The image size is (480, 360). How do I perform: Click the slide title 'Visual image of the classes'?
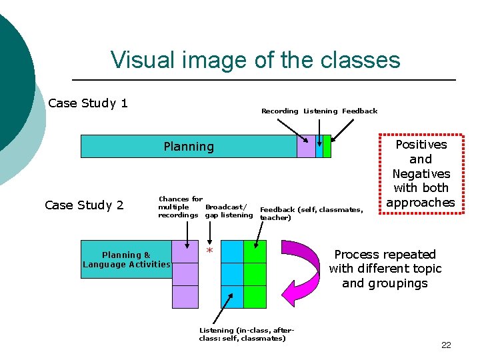pyautogui.click(x=255, y=60)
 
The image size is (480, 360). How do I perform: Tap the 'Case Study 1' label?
pyautogui.click(x=88, y=103)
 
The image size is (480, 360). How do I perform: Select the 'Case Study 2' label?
pyautogui.click(x=84, y=205)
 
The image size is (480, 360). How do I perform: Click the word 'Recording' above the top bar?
pyautogui.click(x=279, y=111)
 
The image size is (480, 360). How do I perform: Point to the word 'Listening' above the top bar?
pyautogui.click(x=320, y=111)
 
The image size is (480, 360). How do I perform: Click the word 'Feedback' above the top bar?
pyautogui.click(x=359, y=111)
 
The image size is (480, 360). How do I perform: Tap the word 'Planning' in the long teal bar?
pyautogui.click(x=189, y=147)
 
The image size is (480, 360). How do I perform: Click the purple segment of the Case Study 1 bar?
pyautogui.click(x=306, y=147)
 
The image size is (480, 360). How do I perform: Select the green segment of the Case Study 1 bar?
pyautogui.click(x=327, y=147)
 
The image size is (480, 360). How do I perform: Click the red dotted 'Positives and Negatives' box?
pyautogui.click(x=421, y=173)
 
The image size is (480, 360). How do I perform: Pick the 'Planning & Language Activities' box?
pyautogui.click(x=126, y=259)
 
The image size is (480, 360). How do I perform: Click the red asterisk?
pyautogui.click(x=209, y=251)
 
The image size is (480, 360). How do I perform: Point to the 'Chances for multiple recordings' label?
pyautogui.click(x=179, y=207)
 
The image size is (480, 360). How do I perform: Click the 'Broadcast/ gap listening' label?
pyautogui.click(x=228, y=211)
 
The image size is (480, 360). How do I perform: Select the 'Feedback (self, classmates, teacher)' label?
pyautogui.click(x=311, y=213)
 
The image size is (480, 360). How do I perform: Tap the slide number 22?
pyautogui.click(x=446, y=345)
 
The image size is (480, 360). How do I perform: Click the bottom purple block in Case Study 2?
pyautogui.click(x=185, y=297)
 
